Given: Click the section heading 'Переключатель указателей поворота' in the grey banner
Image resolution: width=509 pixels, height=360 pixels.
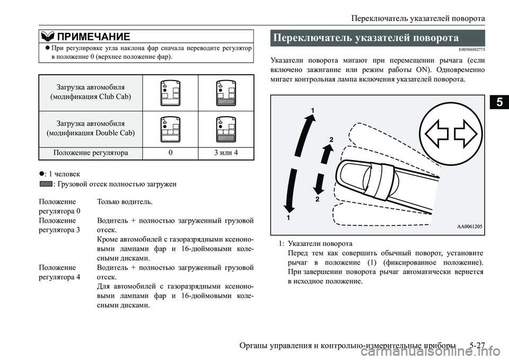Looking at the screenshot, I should point(365,38).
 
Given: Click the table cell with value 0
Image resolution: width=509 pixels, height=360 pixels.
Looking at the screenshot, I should point(171,153).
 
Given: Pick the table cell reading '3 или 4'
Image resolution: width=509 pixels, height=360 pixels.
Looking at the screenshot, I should point(226,153).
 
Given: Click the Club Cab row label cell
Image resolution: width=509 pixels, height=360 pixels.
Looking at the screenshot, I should point(91,91).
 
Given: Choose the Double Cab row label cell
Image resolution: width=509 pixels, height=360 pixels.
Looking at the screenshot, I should point(91,128).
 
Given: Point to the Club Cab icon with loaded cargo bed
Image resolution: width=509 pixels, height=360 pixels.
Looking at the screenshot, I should point(226,93).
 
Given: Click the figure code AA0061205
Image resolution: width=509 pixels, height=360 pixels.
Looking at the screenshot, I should point(469,226).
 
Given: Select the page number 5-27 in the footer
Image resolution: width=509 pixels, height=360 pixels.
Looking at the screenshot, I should point(477,347).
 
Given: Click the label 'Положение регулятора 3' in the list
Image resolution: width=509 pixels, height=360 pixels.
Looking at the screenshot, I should point(60,225).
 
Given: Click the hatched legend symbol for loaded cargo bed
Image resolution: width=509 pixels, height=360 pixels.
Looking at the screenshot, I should point(45,184).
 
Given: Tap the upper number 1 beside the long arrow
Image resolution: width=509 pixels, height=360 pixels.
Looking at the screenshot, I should point(313,110).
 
